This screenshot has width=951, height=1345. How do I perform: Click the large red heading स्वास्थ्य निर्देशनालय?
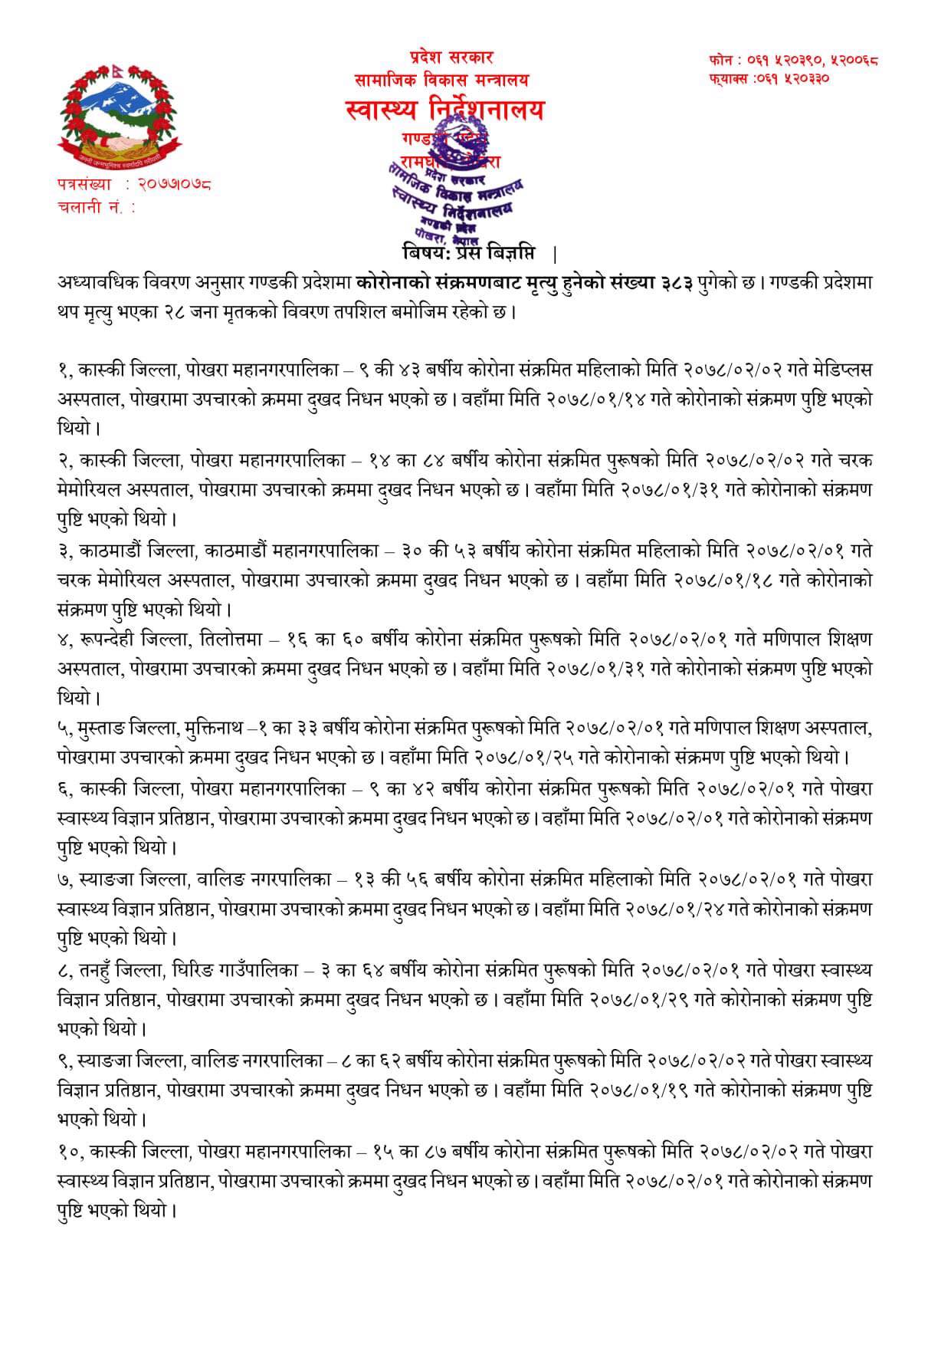[444, 111]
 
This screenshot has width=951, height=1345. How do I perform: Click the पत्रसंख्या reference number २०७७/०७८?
[175, 184]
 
